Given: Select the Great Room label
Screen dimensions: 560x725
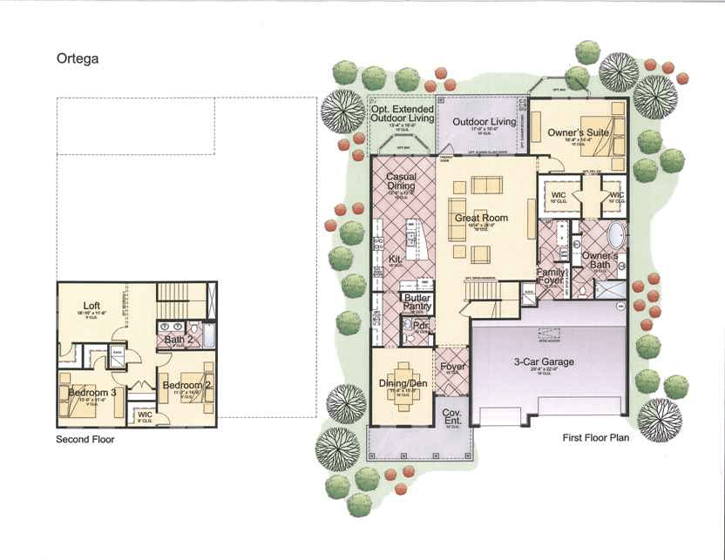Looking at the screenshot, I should click(481, 219).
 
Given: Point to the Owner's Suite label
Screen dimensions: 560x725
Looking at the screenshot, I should click(577, 133).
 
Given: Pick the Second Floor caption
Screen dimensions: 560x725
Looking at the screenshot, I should click(85, 440).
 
